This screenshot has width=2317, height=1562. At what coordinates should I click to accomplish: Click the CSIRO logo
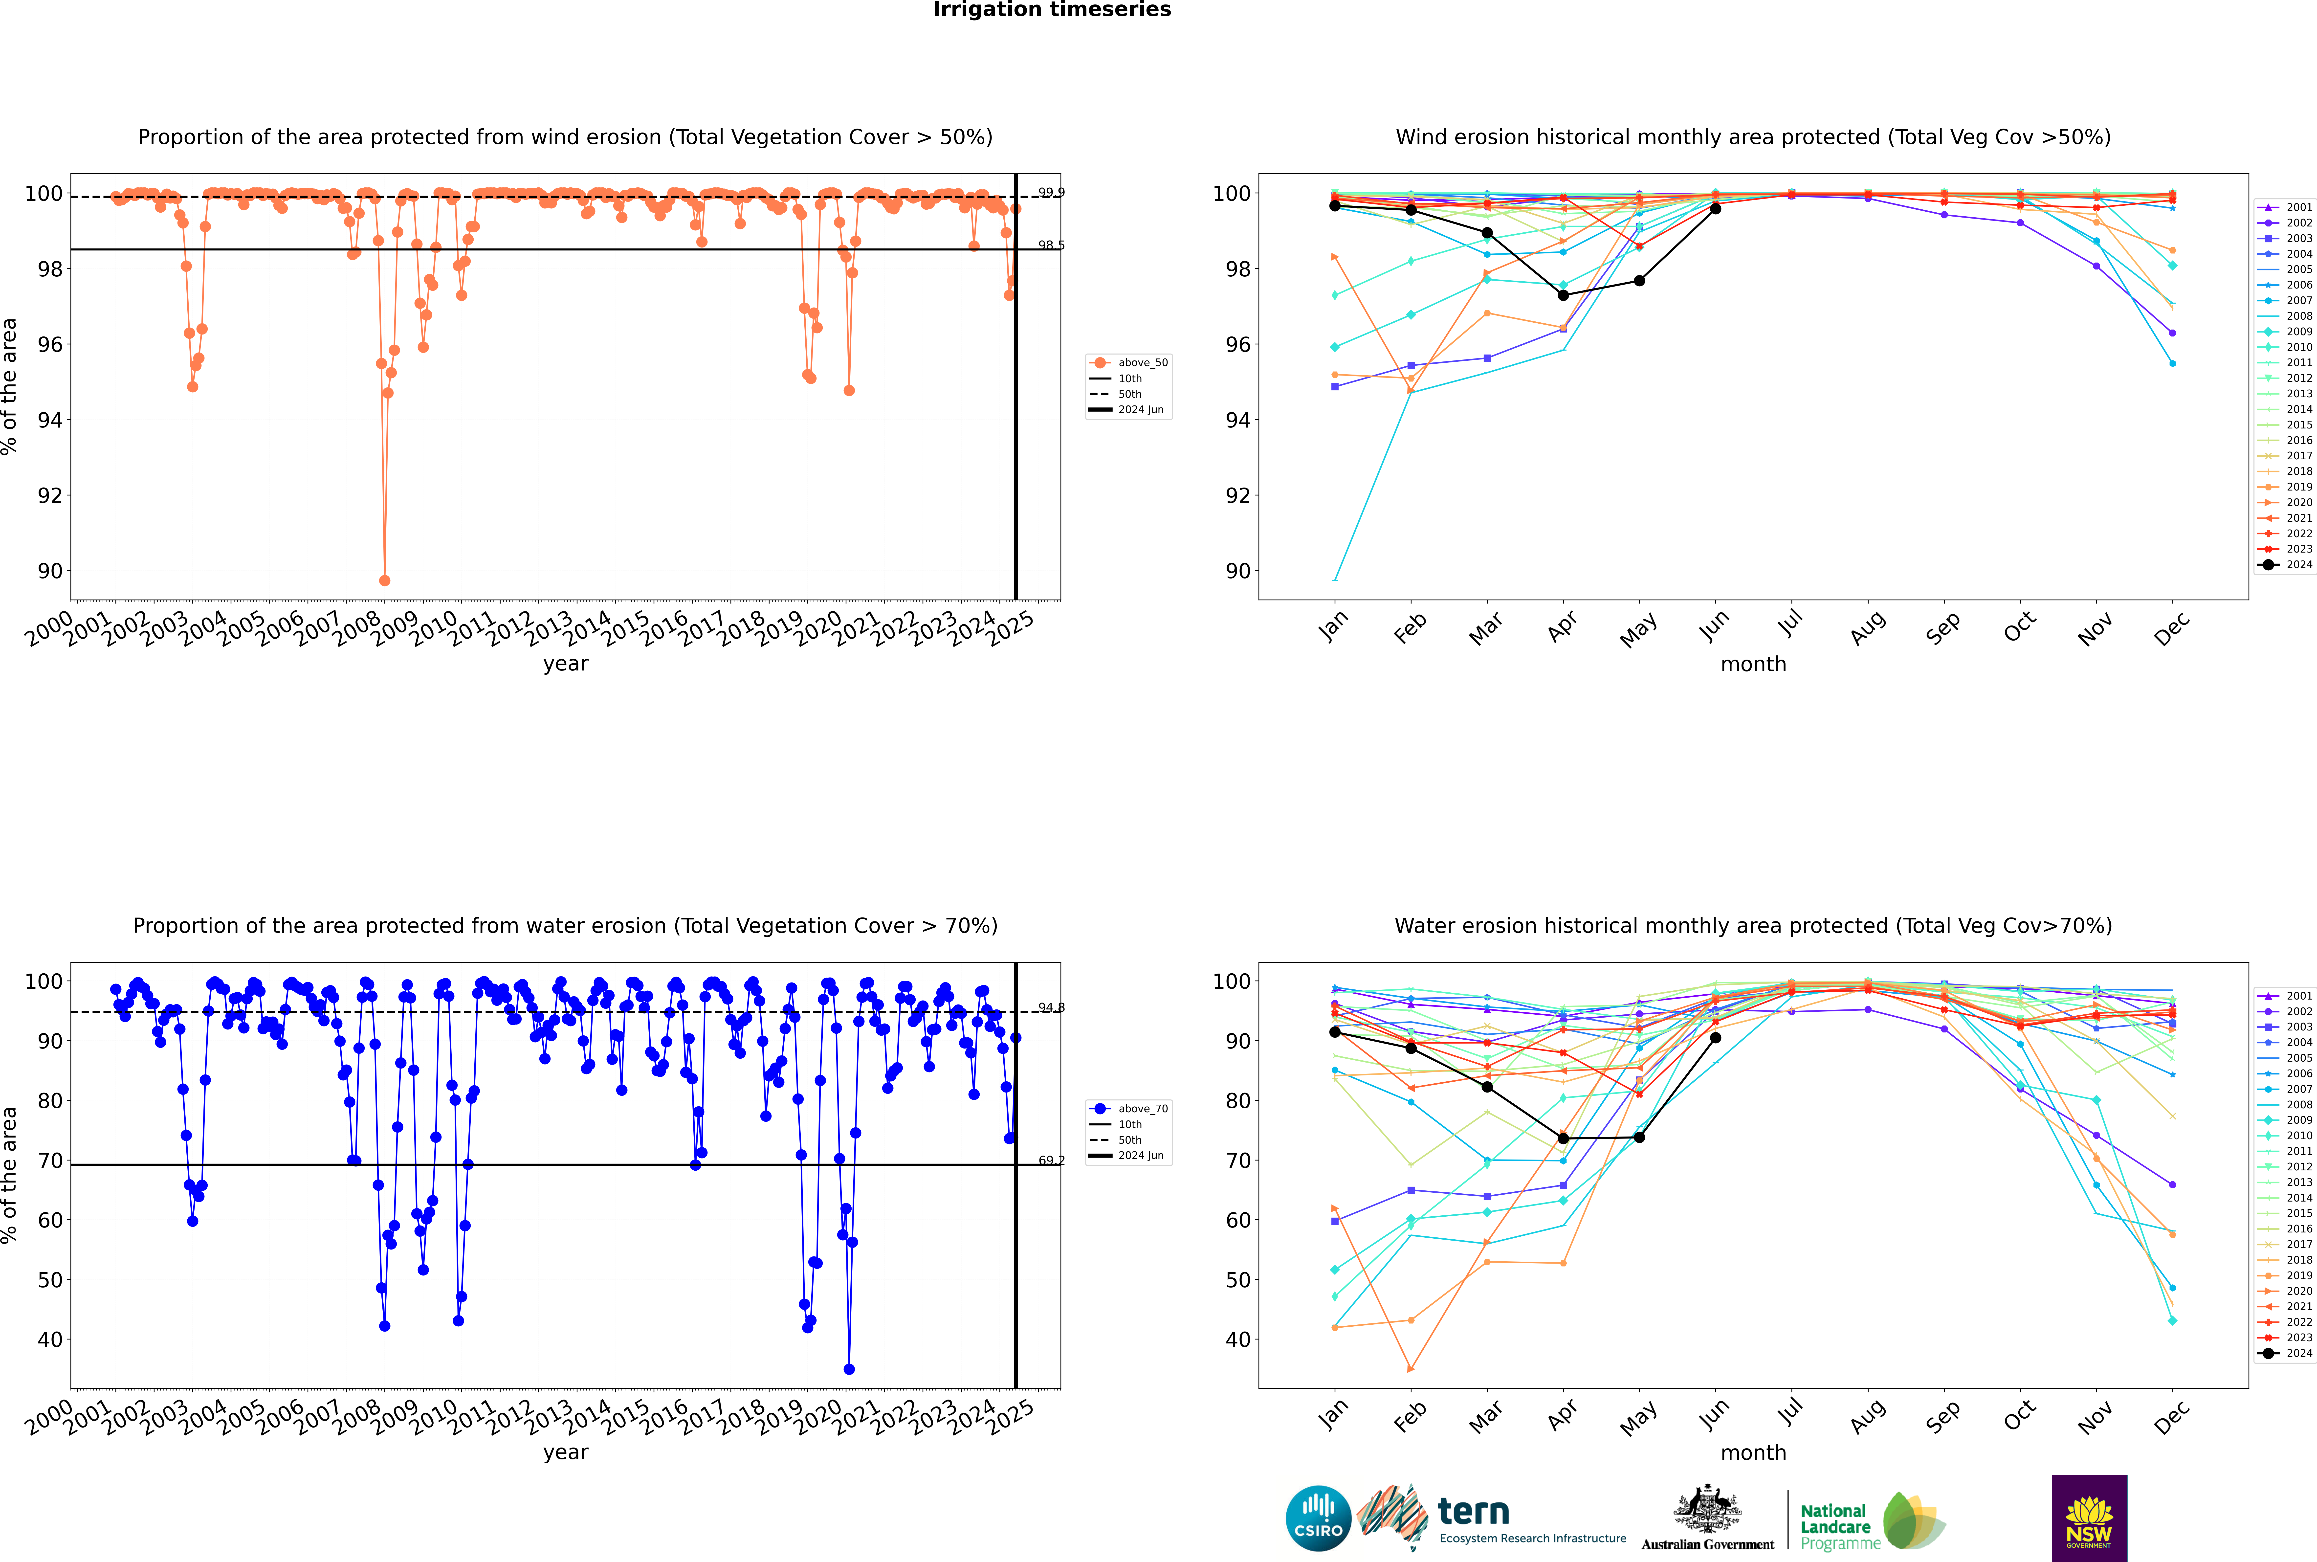tap(1318, 1518)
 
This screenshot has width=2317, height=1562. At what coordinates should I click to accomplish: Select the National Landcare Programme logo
tap(1871, 1521)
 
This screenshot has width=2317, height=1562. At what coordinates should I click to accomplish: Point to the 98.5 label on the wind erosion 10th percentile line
tap(1051, 245)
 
